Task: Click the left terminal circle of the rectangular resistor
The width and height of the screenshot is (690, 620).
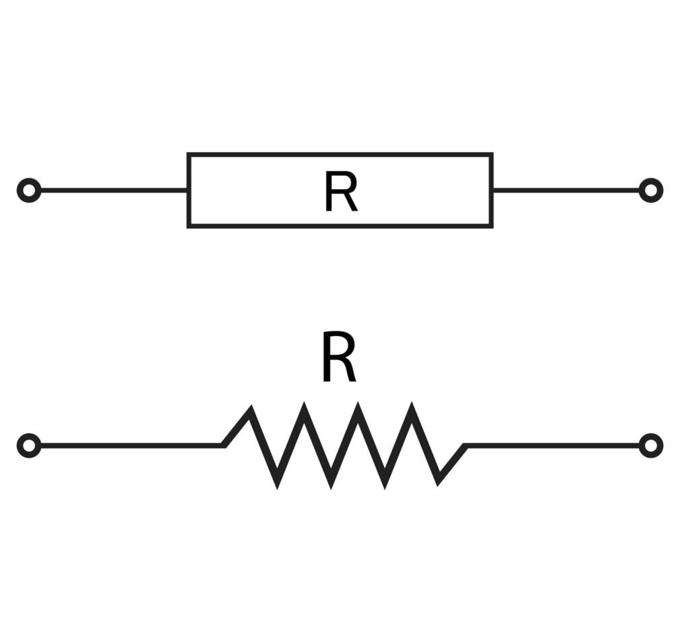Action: pos(29,191)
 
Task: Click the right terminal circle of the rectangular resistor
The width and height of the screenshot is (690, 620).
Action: pos(650,191)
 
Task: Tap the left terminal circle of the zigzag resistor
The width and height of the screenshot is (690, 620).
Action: pos(29,446)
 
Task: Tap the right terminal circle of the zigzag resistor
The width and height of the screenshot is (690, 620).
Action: pos(650,446)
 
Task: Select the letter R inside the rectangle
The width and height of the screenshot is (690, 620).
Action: pos(340,193)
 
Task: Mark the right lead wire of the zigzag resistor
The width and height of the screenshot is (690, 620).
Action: pos(553,446)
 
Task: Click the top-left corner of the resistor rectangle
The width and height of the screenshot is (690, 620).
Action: pos(189,155)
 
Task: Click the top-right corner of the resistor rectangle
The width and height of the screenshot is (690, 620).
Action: pos(491,155)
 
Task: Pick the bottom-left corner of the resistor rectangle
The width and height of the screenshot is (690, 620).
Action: pos(189,226)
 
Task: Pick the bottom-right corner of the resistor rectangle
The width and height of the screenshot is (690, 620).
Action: pos(491,226)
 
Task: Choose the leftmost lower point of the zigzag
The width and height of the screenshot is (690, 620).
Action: pos(277,483)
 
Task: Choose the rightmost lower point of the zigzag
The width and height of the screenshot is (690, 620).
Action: pos(439,481)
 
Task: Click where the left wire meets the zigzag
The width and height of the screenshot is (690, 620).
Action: pos(224,445)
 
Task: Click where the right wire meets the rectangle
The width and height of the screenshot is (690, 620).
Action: pos(493,191)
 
